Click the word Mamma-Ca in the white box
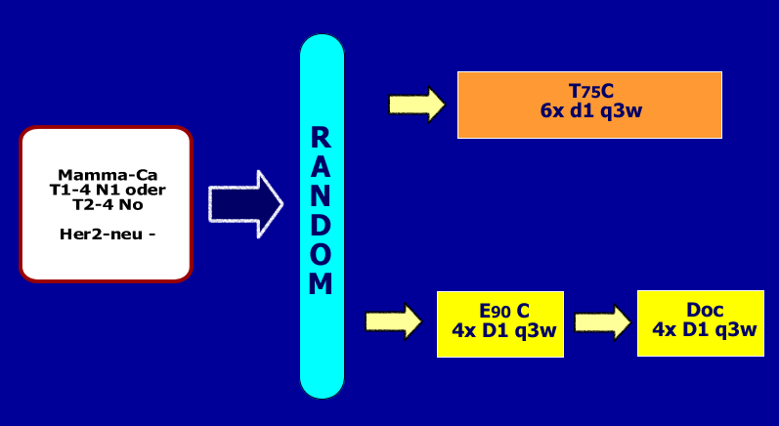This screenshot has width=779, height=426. point(108,175)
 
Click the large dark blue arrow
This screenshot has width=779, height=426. point(245,203)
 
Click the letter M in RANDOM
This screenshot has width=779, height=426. point(322,283)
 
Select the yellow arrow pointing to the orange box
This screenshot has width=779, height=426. point(416,104)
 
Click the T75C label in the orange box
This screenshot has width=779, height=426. point(590,91)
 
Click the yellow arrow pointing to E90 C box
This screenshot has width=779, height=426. point(393,320)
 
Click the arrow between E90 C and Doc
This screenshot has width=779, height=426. point(601,320)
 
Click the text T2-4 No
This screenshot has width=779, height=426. point(108,204)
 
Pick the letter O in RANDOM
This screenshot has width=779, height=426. point(322,254)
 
